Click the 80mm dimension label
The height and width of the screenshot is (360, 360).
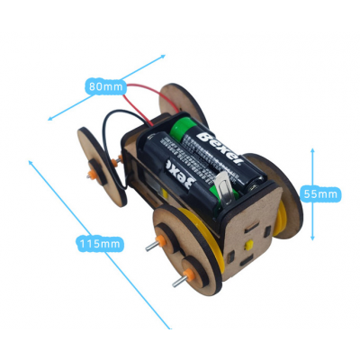[106, 86]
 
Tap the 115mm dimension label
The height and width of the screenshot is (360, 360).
[100, 243]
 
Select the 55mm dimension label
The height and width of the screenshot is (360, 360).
[320, 194]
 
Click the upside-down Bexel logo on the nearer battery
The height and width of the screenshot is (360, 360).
[181, 175]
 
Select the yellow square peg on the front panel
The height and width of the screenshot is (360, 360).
[248, 245]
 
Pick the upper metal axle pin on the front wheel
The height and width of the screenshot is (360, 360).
[152, 247]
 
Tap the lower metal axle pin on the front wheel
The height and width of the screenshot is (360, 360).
[179, 282]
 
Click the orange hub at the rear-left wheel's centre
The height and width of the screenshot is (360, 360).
[93, 175]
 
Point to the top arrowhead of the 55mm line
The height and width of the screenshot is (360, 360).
[312, 150]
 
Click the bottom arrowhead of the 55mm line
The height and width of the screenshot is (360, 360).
[312, 238]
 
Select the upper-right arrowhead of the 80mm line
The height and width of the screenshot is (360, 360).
[163, 56]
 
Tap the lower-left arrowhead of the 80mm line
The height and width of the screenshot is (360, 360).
[50, 119]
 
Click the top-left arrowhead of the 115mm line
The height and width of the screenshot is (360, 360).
[31, 163]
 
